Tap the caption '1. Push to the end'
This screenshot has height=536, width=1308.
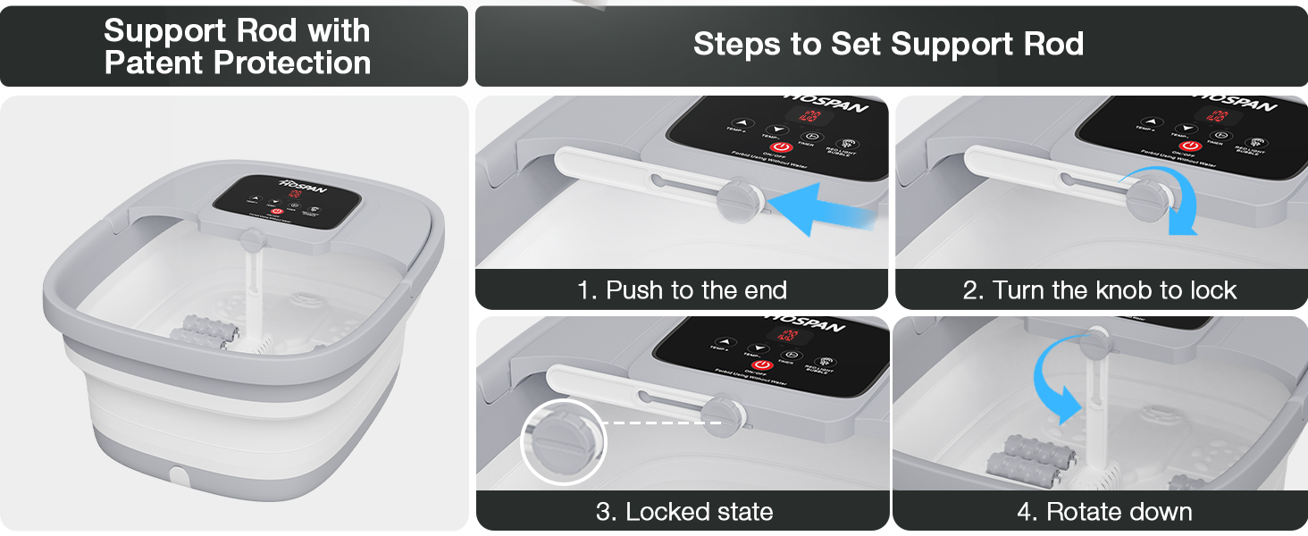pyautogui.click(x=682, y=290)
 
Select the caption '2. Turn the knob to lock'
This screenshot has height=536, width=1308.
pyautogui.click(x=1101, y=290)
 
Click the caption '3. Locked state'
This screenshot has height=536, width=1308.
pyautogui.click(x=683, y=512)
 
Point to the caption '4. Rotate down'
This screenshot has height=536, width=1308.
pyautogui.click(x=1104, y=512)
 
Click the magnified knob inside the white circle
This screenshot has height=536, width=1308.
pyautogui.click(x=563, y=441)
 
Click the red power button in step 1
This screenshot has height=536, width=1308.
pyautogui.click(x=780, y=147)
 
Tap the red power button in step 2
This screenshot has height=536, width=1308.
pyautogui.click(x=1189, y=147)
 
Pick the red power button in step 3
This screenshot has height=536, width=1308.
pyautogui.click(x=761, y=365)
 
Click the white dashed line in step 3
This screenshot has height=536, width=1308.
pyautogui.click(x=661, y=423)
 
